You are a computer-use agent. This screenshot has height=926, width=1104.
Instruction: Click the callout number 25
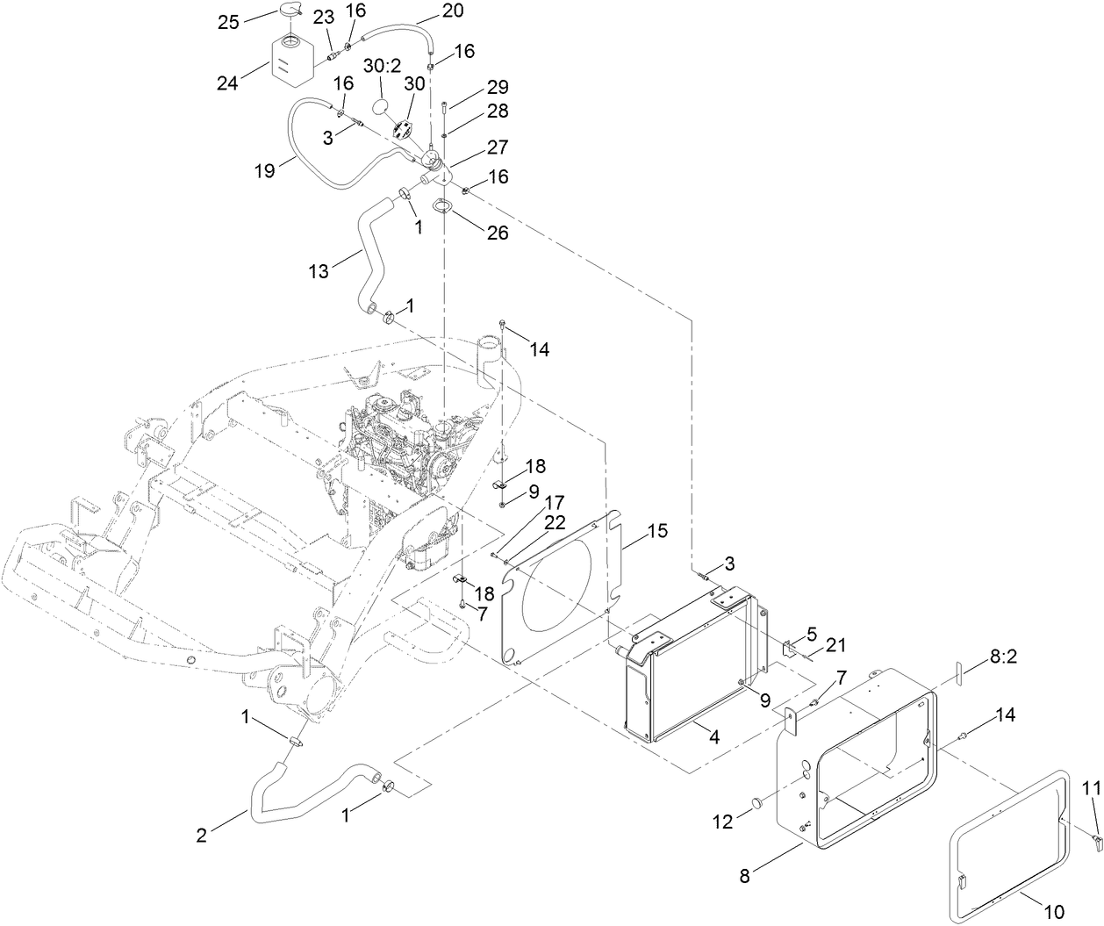tap(228, 22)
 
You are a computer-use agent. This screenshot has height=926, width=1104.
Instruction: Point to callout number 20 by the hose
tap(453, 11)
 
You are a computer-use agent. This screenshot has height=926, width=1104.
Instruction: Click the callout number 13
tap(319, 271)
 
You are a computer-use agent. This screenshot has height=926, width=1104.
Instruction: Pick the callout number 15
tap(657, 531)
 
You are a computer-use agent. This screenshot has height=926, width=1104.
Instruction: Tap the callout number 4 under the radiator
tap(714, 738)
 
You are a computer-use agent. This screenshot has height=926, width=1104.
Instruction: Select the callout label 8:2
tap(1006, 656)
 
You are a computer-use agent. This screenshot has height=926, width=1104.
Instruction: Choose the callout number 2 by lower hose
tap(202, 836)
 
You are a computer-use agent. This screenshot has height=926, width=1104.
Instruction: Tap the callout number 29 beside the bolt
tap(498, 88)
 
